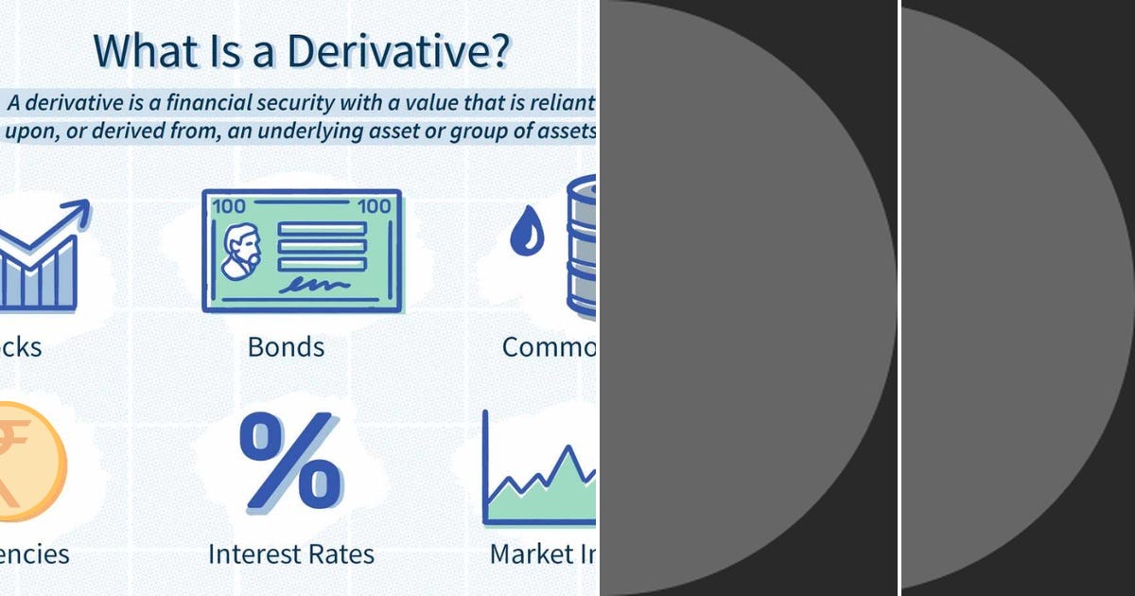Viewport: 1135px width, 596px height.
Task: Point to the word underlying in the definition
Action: [356, 131]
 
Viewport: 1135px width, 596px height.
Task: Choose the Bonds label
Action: [286, 347]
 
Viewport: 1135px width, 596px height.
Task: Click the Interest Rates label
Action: [291, 553]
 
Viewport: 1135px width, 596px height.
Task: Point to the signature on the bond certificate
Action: [312, 283]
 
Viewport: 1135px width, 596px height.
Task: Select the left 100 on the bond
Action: [229, 206]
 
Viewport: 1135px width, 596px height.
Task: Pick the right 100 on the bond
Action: [375, 206]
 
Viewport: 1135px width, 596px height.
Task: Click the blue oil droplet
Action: [527, 232]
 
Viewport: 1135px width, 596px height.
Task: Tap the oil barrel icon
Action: [581, 246]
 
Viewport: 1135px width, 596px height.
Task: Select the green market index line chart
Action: [539, 482]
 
